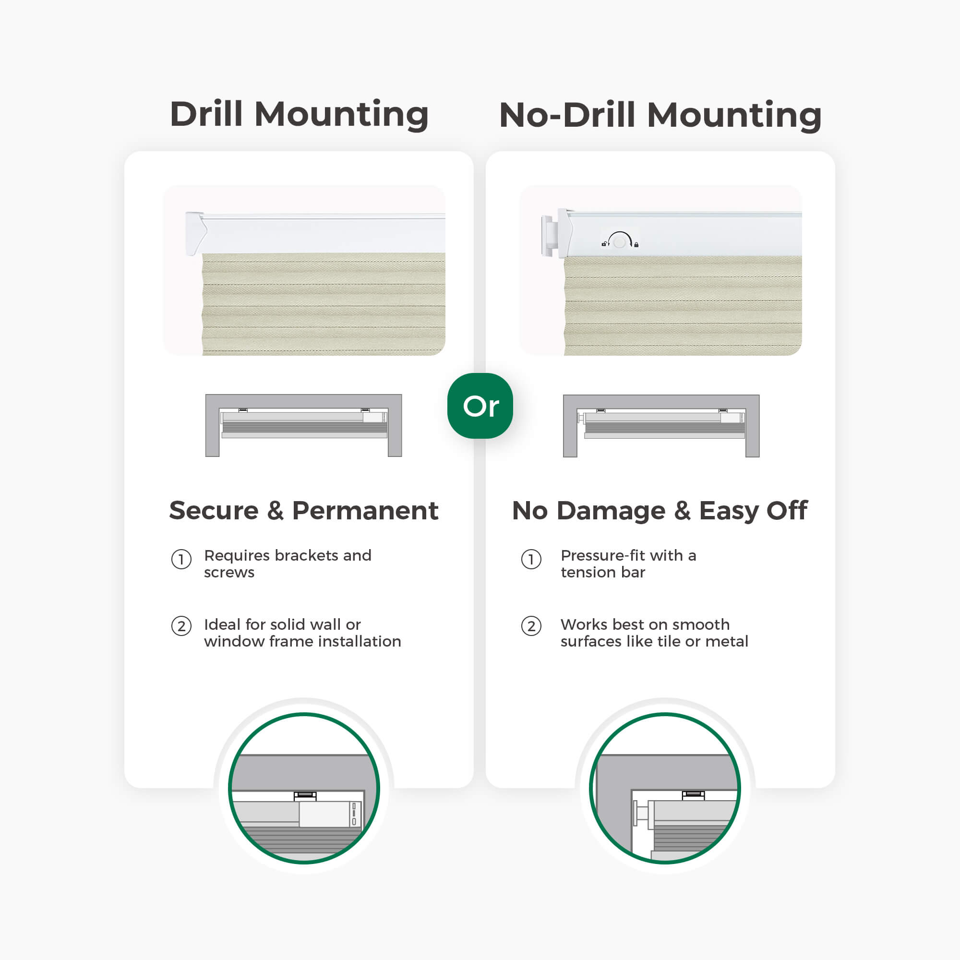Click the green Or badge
480,406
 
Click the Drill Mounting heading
299,115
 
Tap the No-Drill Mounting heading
660,115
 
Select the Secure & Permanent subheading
304,510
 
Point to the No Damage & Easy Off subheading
660,511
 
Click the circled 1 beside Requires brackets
181,560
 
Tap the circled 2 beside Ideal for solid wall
181,626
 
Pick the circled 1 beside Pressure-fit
531,560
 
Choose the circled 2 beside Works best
531,626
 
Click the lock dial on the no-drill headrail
620,241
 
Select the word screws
229,573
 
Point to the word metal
727,641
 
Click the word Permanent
365,510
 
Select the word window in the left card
234,641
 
